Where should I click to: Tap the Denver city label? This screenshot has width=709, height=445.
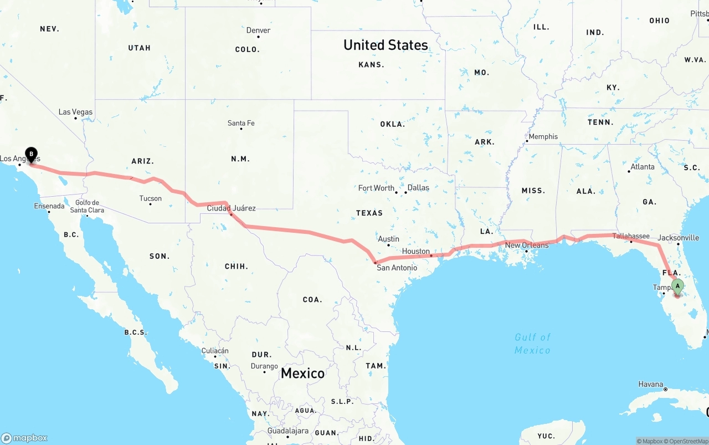coord(258,30)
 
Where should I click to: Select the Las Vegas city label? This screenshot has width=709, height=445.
coord(76,112)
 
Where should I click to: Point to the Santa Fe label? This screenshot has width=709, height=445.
coord(241,123)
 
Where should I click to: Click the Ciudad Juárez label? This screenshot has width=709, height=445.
coord(231,208)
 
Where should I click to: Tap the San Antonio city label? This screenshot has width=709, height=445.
coord(397,268)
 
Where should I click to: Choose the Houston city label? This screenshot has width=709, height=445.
coord(416,251)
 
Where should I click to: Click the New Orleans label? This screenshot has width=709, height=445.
coord(527,245)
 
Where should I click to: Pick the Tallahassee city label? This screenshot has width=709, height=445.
coord(631,236)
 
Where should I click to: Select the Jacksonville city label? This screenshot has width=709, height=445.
coord(679,238)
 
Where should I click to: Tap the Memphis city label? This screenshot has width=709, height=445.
coord(543,136)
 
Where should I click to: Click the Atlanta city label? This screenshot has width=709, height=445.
coord(642,166)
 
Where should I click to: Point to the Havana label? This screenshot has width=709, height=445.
coord(650,384)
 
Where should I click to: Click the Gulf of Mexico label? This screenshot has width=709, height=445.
coord(532,344)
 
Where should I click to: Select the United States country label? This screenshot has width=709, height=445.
coord(386,45)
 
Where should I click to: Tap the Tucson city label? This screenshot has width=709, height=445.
coord(150,198)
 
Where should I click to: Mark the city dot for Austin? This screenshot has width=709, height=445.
coord(389,245)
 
